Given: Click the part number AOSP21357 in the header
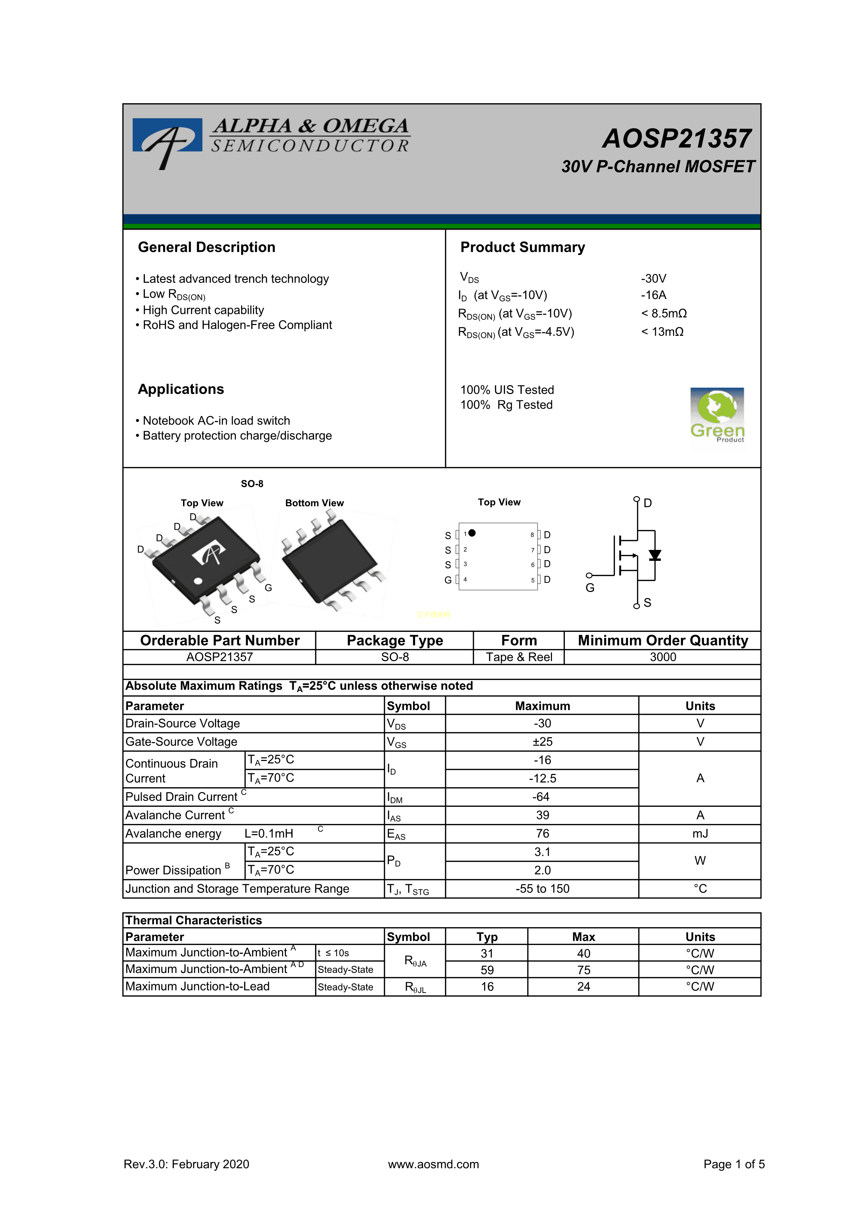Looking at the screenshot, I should [x=677, y=139].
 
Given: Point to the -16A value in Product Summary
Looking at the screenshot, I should [x=653, y=295].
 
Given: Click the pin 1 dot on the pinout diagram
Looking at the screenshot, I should [x=472, y=533].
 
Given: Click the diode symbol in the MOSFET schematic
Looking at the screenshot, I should [x=655, y=556].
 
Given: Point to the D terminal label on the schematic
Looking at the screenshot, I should [x=648, y=503].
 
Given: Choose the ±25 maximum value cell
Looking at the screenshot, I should [x=542, y=742].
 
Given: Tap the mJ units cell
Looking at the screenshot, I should [x=700, y=834].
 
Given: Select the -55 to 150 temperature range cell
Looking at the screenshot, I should [x=542, y=889].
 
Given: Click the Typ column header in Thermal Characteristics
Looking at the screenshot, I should [x=486, y=937].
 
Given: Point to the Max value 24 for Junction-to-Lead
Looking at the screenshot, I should [x=583, y=987].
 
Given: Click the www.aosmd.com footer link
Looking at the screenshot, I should [x=433, y=1164].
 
